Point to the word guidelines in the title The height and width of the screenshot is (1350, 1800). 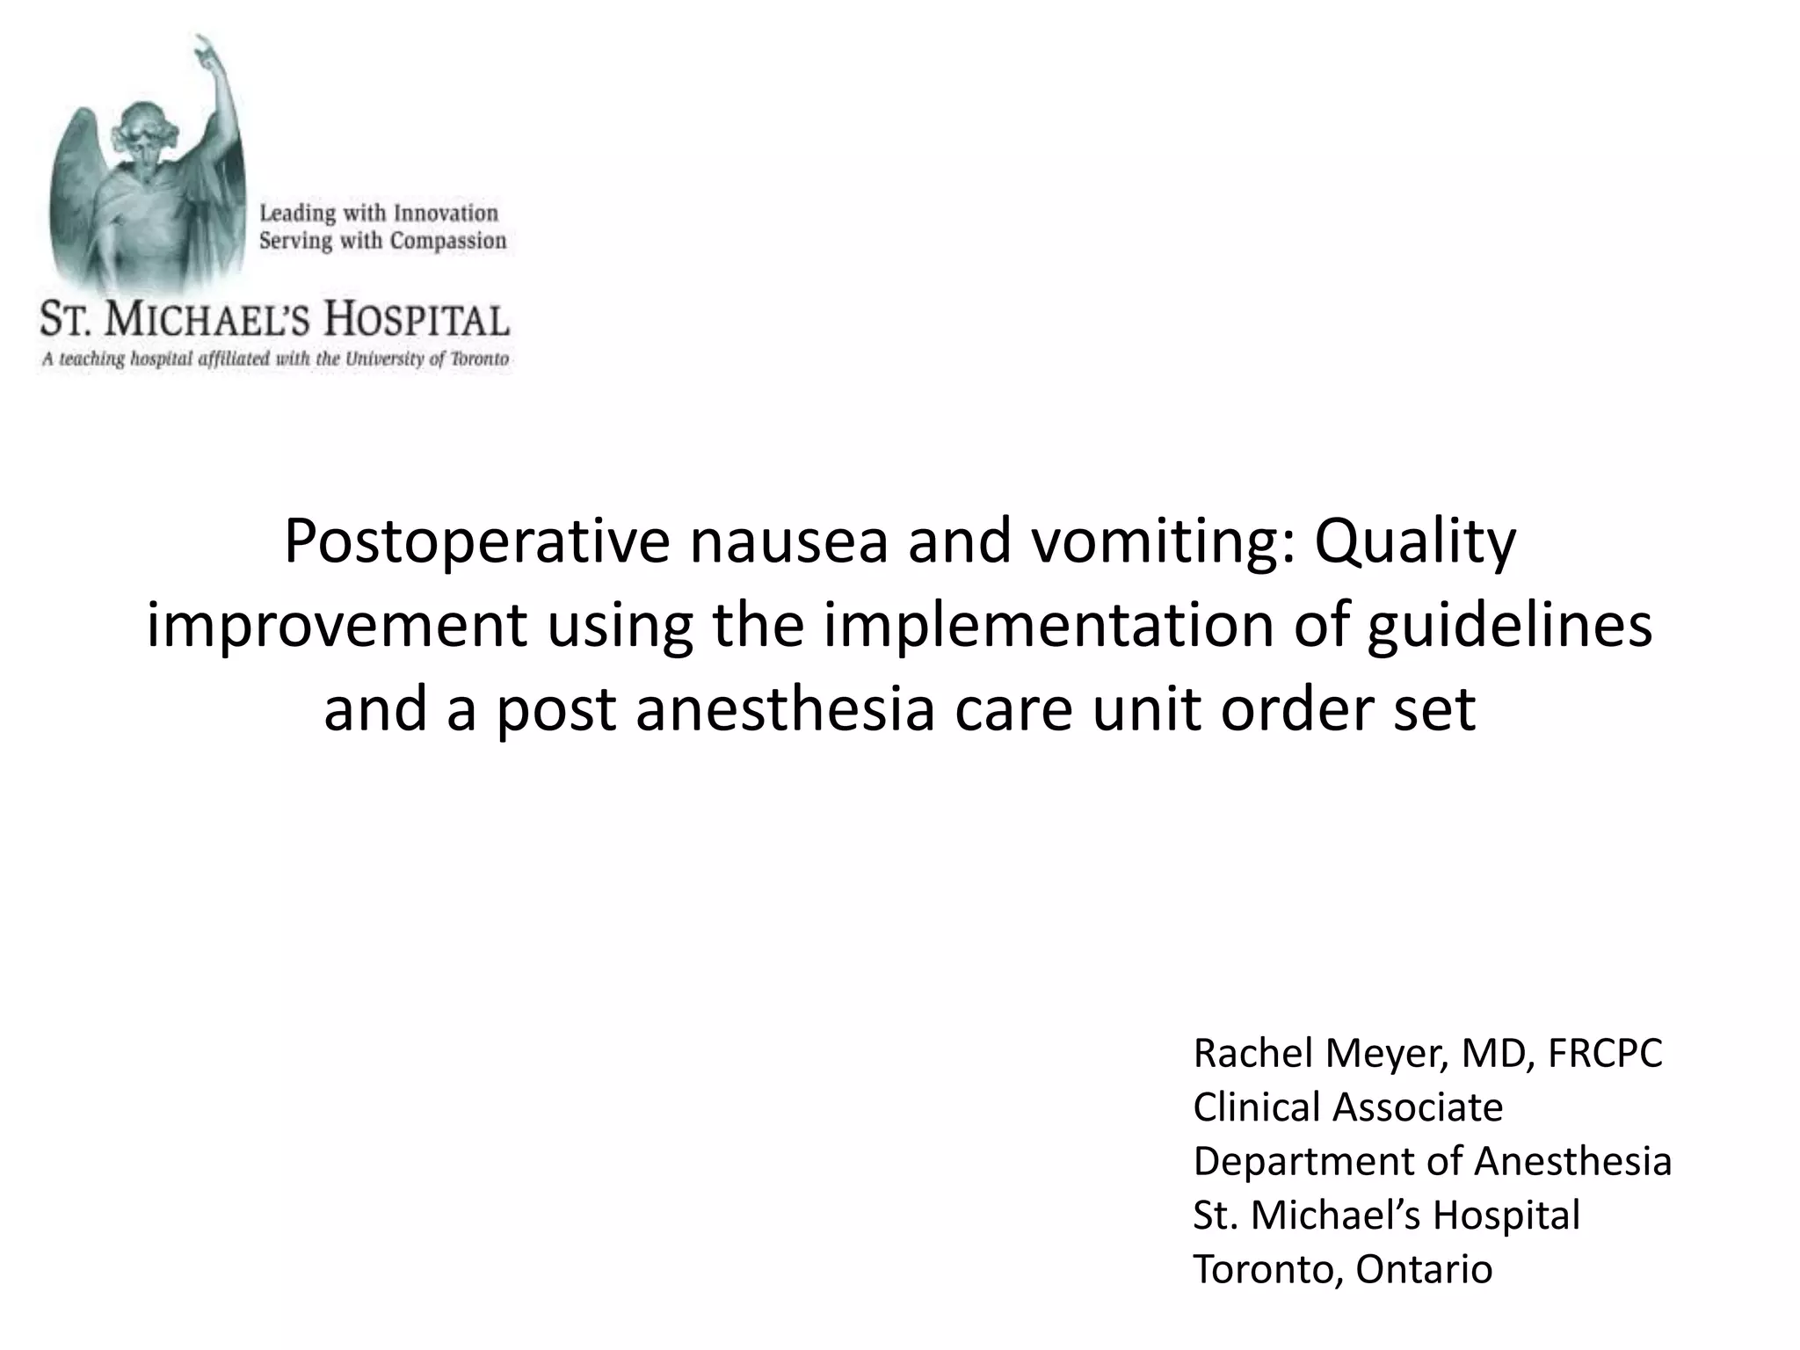[1508, 628]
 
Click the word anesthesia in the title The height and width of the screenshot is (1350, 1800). [785, 710]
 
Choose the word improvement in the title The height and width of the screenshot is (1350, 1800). [337, 628]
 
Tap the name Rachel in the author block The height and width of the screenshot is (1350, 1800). [1252, 1053]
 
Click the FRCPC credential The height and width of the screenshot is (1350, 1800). [1605, 1053]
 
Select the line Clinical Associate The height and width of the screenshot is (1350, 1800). [1347, 1107]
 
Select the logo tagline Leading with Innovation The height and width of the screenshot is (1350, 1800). [379, 213]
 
